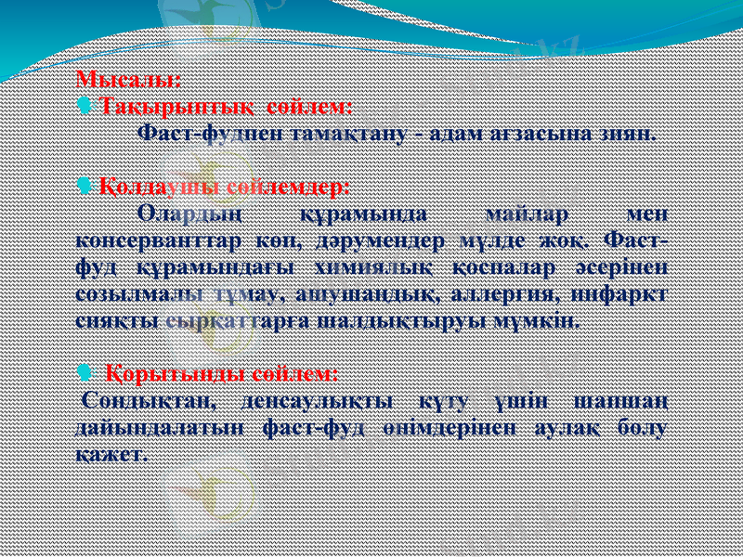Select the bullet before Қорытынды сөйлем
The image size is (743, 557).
click(x=86, y=374)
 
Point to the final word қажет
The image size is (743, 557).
click(x=111, y=456)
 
